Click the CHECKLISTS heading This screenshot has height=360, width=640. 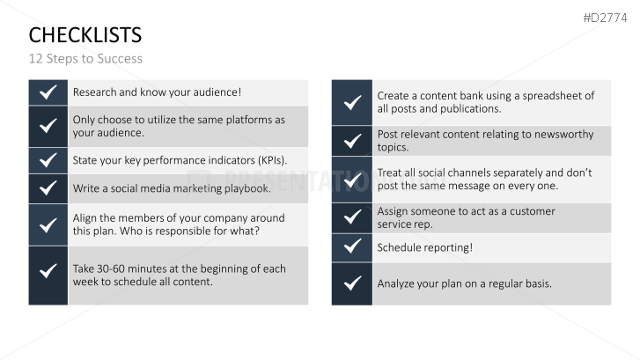tap(85, 35)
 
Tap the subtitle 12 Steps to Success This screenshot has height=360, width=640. tap(85, 59)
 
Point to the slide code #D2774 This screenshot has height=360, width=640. tap(605, 18)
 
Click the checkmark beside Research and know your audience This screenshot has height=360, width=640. tap(48, 92)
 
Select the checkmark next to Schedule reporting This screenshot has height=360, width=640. tap(352, 246)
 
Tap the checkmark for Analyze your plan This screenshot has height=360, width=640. tap(352, 283)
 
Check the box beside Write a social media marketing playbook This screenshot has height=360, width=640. tap(48, 188)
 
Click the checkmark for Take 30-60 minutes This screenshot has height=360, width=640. tap(48, 270)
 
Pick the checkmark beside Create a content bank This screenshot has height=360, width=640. tap(352, 102)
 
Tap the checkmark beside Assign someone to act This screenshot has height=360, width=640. tap(352, 217)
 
